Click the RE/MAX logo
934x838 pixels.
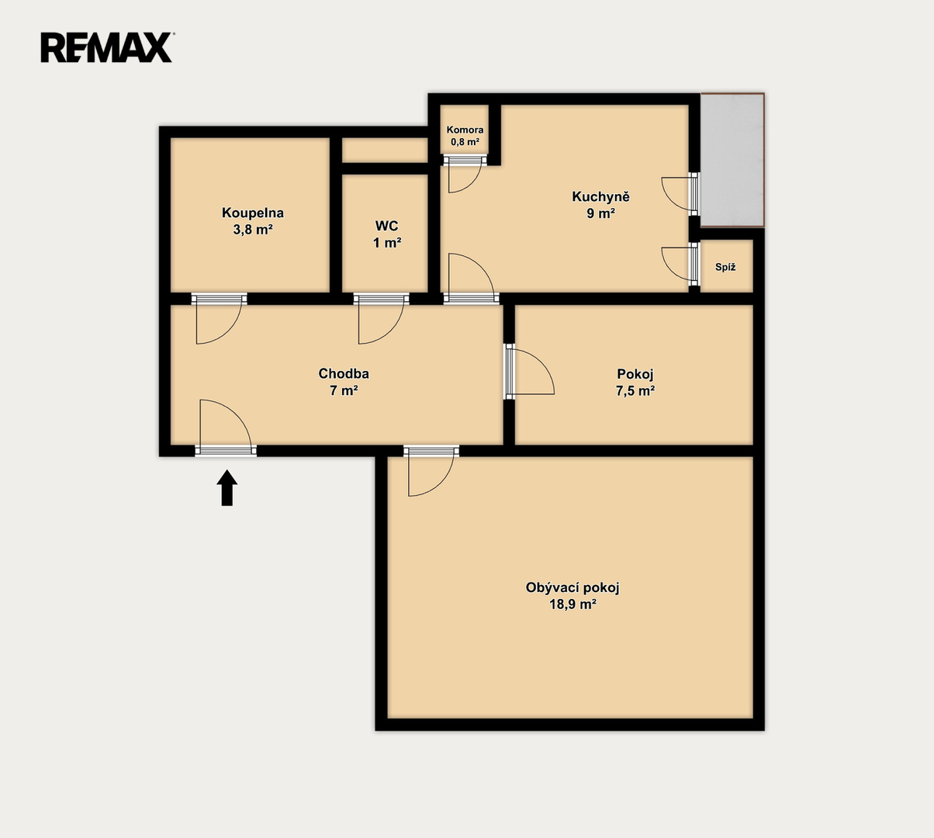pos(107,47)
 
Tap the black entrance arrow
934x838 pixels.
pos(227,488)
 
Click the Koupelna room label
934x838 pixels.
pos(253,213)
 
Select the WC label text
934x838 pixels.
pos(386,226)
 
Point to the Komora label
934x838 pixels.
pos(465,130)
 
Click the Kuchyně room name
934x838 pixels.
pos(600,196)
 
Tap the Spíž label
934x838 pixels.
pos(725,267)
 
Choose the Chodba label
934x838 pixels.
pos(344,373)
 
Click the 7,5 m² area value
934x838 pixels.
pos(635,391)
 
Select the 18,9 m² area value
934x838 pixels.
pos(573,604)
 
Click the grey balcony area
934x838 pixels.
pos(732,160)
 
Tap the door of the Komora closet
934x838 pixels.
pos(465,174)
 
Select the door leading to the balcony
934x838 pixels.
pos(680,194)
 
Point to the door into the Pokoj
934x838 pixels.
pos(530,372)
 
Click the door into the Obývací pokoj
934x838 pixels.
pos(431,471)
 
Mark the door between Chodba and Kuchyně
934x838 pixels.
pos(471,278)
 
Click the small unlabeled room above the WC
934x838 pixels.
pos(385,151)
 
